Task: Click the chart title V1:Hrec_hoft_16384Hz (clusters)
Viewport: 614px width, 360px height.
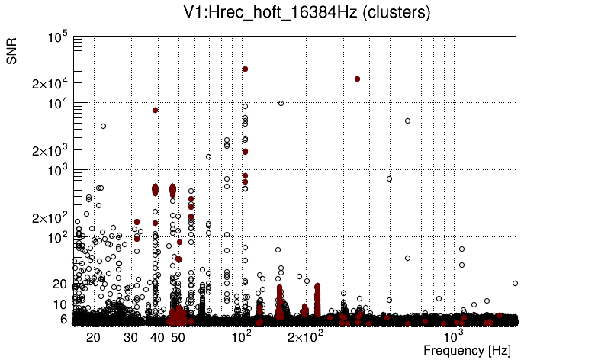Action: (307, 13)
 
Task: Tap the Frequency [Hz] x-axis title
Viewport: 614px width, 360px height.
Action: (467, 350)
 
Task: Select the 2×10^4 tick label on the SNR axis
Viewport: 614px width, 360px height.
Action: (50, 83)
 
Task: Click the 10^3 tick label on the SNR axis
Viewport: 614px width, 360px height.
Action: (57, 170)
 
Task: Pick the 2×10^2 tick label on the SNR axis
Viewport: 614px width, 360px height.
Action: (50, 217)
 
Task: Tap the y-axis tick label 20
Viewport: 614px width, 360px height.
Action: (60, 284)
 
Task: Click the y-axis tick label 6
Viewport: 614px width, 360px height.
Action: (64, 319)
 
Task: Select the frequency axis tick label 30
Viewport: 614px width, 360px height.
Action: (130, 337)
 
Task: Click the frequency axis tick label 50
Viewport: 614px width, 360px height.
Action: (177, 337)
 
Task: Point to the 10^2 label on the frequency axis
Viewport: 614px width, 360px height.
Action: (241, 336)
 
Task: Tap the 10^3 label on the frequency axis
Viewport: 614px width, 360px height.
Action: (453, 336)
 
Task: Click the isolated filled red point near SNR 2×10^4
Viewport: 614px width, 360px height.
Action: (357, 79)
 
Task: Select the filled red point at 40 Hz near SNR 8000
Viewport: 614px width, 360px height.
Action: (155, 110)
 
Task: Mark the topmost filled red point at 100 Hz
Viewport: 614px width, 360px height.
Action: (245, 69)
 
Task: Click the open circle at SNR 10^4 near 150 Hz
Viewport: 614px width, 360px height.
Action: (281, 103)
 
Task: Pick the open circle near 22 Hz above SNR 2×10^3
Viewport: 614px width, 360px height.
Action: (103, 126)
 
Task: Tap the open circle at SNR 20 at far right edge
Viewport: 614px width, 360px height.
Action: (516, 283)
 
